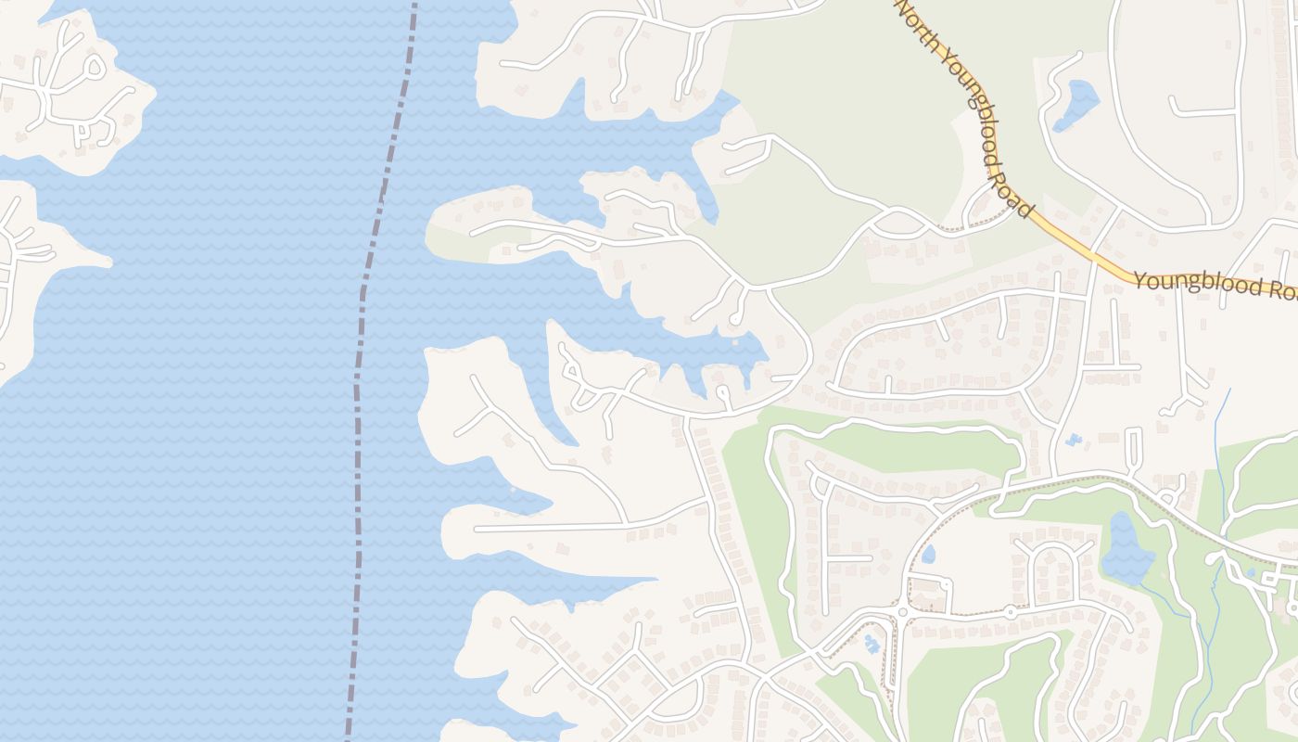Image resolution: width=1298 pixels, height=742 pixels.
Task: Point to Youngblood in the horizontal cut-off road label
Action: click(x=1195, y=283)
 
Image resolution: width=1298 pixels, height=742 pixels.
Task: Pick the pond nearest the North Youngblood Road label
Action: click(x=1077, y=103)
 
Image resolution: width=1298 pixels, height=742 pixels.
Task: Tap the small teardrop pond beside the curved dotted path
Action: click(x=928, y=555)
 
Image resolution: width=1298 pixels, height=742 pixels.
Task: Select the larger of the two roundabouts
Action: click(x=901, y=612)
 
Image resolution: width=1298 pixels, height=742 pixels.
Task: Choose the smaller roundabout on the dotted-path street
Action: click(x=1010, y=612)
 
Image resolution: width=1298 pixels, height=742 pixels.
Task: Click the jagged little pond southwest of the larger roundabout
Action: click(x=871, y=643)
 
